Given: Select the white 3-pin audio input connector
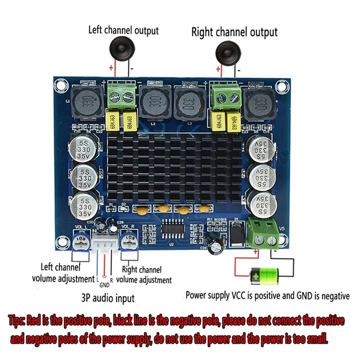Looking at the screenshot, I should [105, 246].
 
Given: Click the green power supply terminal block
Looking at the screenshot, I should [265, 232].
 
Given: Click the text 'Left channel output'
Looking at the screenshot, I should [123, 31].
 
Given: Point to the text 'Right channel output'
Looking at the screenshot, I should [234, 32].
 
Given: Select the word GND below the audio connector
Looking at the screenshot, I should [104, 285].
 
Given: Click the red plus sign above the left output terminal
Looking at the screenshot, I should [111, 68].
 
